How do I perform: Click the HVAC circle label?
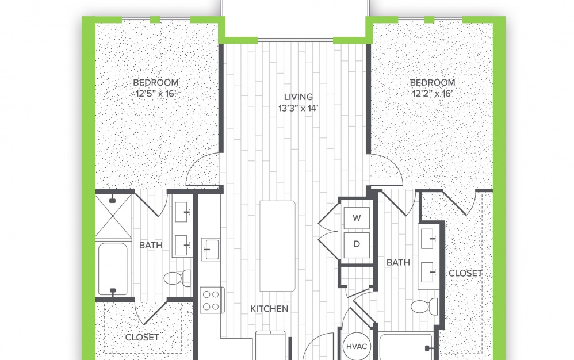pyautogui.click(x=357, y=346)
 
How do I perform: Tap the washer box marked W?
pyautogui.click(x=357, y=218)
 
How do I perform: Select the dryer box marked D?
pyautogui.click(x=357, y=244)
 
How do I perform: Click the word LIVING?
pyautogui.click(x=299, y=97)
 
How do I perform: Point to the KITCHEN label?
pyautogui.click(x=269, y=309)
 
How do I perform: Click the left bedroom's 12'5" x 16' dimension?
pyautogui.click(x=156, y=94)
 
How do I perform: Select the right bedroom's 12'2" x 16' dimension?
pyautogui.click(x=433, y=94)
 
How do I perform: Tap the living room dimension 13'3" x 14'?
pyautogui.click(x=299, y=108)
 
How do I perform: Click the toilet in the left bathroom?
pyautogui.click(x=177, y=278)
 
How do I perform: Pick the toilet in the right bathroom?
pyautogui.click(x=424, y=306)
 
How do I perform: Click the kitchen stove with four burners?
pyautogui.click(x=212, y=300)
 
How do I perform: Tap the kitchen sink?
pyautogui.click(x=211, y=250)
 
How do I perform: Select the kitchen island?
pyautogui.click(x=277, y=246)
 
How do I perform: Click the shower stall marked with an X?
pyautogui.click(x=113, y=216)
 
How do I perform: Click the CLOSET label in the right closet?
pyautogui.click(x=465, y=273)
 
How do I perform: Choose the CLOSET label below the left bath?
pyautogui.click(x=142, y=338)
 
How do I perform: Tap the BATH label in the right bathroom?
pyautogui.click(x=398, y=262)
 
